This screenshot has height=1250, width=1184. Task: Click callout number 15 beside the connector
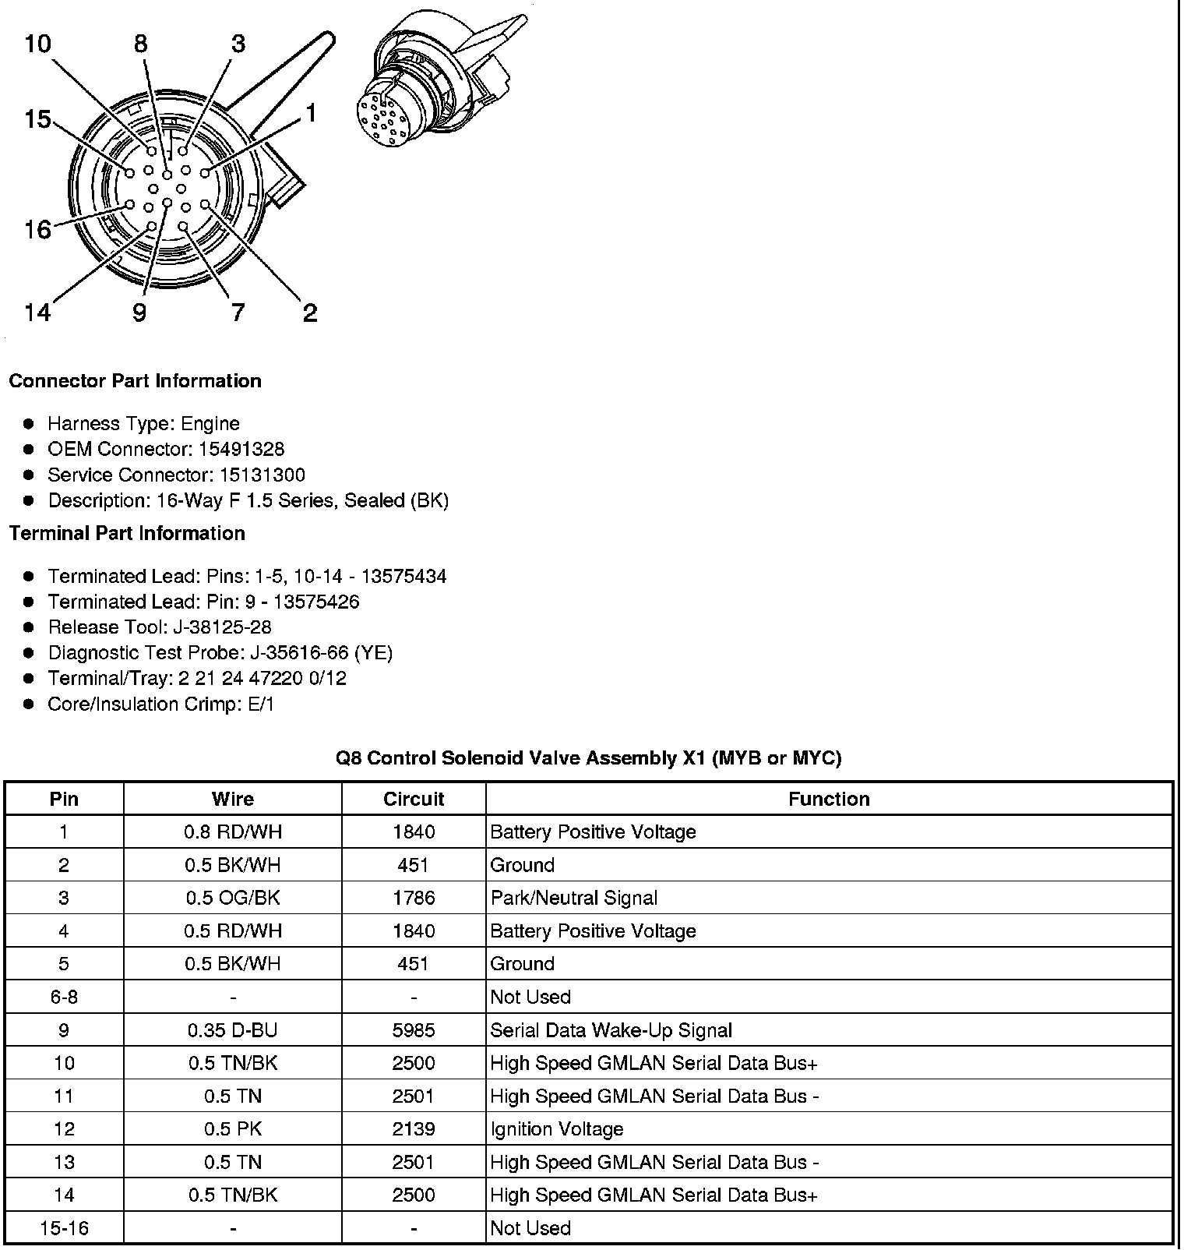coord(37,119)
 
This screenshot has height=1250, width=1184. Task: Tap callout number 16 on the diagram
coord(37,229)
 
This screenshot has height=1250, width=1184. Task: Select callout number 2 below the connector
coord(310,313)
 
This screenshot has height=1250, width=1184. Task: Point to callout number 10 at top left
coord(37,44)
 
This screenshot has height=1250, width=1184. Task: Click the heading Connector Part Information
coord(135,381)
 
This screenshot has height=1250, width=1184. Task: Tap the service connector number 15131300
coord(262,475)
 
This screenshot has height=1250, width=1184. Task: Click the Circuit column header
coord(414,799)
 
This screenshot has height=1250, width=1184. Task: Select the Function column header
coord(829,799)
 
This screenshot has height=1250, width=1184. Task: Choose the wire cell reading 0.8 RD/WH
coord(233,832)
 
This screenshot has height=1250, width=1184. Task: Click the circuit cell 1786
coord(414,898)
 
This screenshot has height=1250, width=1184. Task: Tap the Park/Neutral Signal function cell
coord(574,898)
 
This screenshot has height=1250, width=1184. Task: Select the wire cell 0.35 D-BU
coord(233,1030)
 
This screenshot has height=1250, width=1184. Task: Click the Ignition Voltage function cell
coord(557,1129)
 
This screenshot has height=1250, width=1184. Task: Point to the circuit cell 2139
coord(414,1129)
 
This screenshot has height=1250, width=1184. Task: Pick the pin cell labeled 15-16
coord(64,1228)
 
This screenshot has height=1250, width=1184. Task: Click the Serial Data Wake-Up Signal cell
coord(611,1030)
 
